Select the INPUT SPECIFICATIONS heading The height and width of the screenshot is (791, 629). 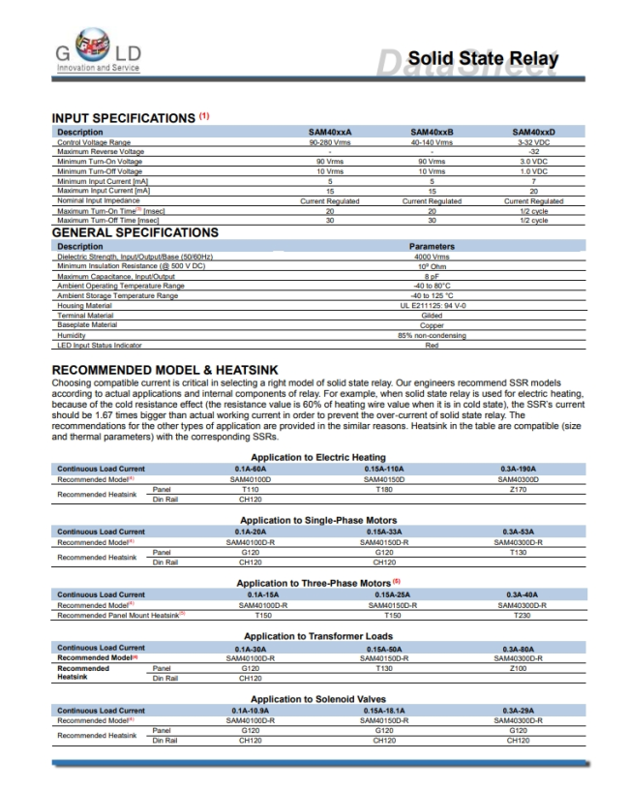click(123, 118)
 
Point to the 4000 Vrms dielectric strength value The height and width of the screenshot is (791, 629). click(432, 256)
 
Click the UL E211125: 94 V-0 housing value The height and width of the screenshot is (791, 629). click(432, 305)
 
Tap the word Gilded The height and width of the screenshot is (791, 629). click(432, 316)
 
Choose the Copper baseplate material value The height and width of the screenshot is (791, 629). click(432, 325)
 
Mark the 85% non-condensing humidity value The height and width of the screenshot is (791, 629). click(432, 335)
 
